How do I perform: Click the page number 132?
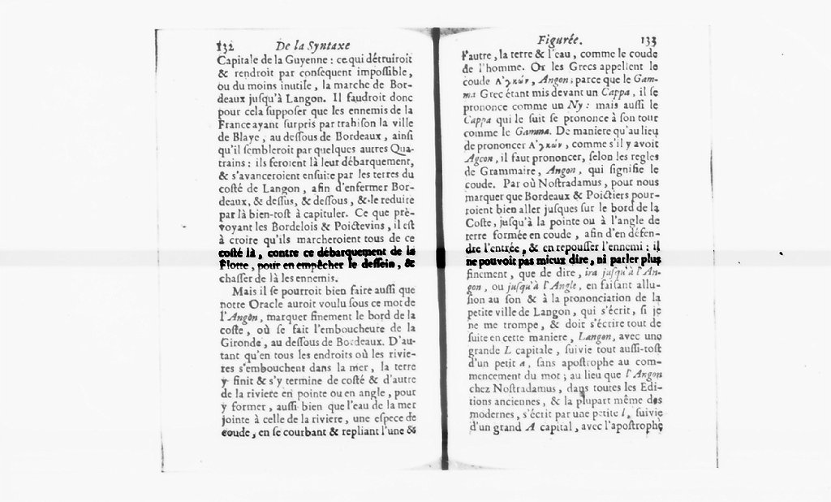pos(226,47)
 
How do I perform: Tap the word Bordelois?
pos(281,228)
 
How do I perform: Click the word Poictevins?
pos(354,228)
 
